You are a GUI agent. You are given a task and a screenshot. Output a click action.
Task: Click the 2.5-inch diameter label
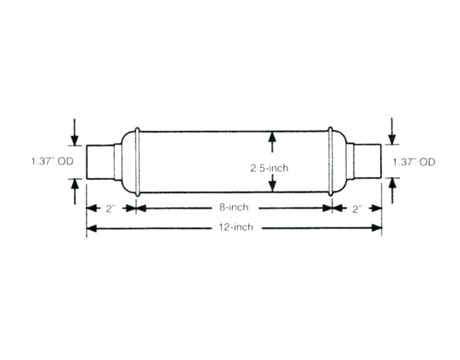(x=269, y=168)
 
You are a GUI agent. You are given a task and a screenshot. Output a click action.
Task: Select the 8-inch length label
(x=233, y=208)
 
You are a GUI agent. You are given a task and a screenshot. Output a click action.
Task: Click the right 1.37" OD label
(x=414, y=162)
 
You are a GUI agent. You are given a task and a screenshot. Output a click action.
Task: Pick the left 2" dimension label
(x=110, y=209)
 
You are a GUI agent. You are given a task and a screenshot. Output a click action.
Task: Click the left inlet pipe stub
(x=100, y=162)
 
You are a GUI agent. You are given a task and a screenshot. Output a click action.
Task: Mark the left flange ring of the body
(x=137, y=162)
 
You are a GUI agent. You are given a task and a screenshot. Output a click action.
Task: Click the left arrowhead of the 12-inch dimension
(x=92, y=228)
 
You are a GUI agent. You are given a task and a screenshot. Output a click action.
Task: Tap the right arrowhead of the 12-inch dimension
(x=377, y=228)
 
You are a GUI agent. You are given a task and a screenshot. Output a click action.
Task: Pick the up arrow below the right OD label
(x=392, y=184)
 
